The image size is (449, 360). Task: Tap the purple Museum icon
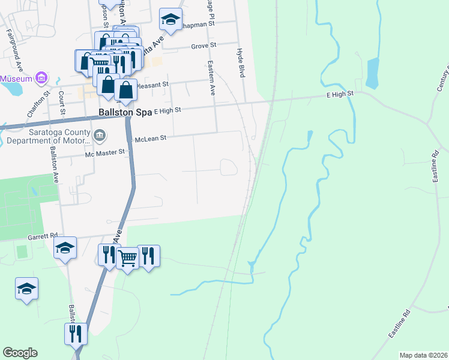(41, 78)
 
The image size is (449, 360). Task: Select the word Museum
(17, 79)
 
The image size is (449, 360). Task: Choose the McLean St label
(149, 137)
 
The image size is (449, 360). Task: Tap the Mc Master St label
(104, 152)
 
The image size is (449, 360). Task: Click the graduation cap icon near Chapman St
(170, 21)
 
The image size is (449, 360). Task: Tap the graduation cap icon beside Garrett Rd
(65, 247)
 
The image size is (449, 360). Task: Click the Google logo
(20, 353)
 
